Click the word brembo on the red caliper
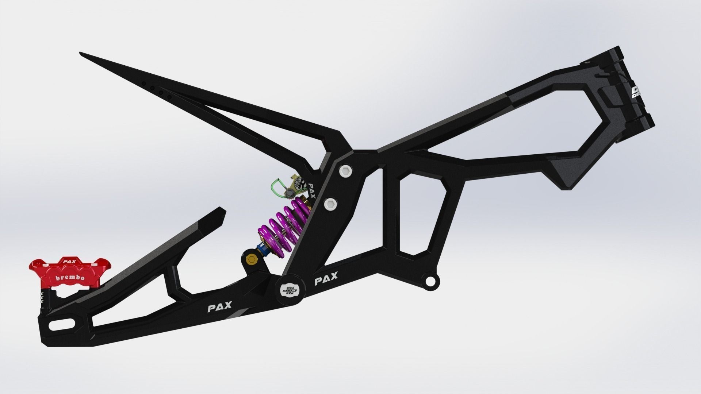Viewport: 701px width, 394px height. point(70,278)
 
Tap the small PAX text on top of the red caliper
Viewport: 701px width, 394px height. point(67,261)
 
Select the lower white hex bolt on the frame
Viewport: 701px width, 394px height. point(330,204)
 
